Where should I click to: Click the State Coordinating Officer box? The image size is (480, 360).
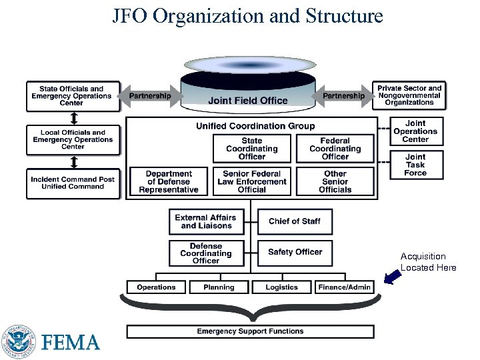tap(251, 149)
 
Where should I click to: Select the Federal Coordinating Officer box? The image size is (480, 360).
tap(335, 149)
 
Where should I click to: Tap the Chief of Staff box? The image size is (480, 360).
tap(294, 221)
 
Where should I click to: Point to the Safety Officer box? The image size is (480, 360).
tap(294, 252)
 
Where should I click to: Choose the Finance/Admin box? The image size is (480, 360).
tap(345, 287)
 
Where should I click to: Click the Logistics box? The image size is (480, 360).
tap(281, 287)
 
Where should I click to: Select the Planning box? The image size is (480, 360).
tap(219, 287)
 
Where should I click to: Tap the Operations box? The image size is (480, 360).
tap(156, 287)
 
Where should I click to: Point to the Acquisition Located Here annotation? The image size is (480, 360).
tap(428, 262)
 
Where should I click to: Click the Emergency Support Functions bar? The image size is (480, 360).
tap(250, 331)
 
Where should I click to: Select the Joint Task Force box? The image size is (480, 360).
tap(415, 165)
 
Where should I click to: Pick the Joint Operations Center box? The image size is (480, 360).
tap(415, 131)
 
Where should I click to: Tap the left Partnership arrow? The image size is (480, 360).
tap(150, 96)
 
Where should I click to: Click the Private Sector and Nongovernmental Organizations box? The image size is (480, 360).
tap(409, 95)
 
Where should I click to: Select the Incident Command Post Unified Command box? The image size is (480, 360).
tap(73, 183)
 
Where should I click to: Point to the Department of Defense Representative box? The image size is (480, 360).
tap(169, 181)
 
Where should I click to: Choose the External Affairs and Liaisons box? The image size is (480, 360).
tap(205, 221)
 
